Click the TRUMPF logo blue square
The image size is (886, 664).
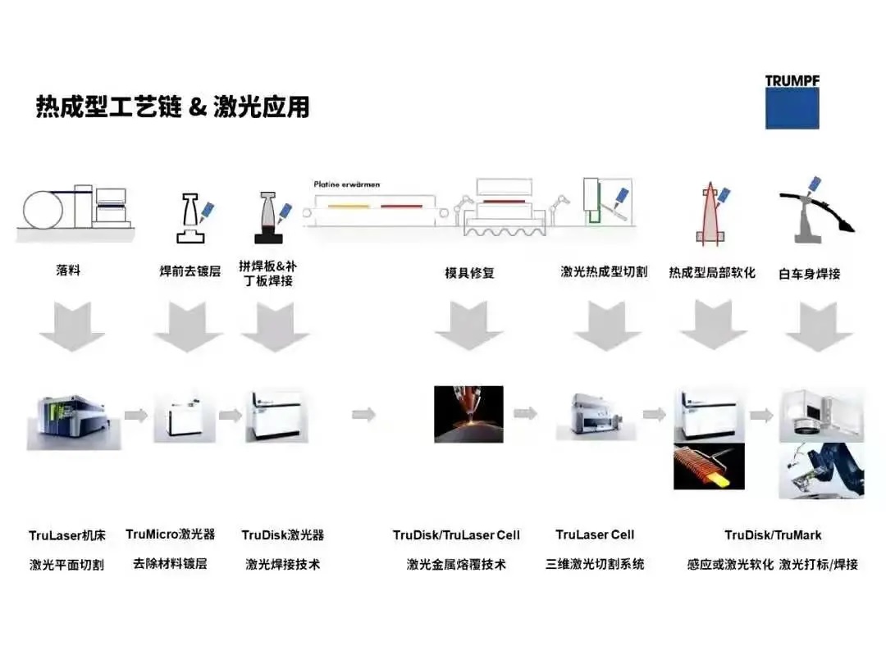click(x=792, y=107)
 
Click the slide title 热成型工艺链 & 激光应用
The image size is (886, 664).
click(x=172, y=107)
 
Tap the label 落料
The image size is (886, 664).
click(x=68, y=270)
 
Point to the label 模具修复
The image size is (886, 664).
click(x=469, y=273)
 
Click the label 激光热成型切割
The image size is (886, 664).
click(x=604, y=271)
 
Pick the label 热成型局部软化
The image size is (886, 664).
click(x=711, y=272)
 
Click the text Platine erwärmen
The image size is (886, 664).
click(x=347, y=184)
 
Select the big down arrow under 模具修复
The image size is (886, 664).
click(x=468, y=325)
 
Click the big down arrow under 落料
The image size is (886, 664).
click(x=71, y=325)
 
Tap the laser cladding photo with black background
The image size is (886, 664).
click(x=468, y=414)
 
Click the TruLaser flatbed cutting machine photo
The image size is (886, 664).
click(x=71, y=415)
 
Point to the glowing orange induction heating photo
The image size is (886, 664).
click(x=709, y=466)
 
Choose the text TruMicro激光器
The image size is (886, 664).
click(x=171, y=534)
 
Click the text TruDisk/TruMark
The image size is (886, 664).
click(x=773, y=535)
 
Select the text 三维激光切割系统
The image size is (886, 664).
click(x=595, y=564)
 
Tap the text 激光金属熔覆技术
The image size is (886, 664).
click(x=456, y=564)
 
